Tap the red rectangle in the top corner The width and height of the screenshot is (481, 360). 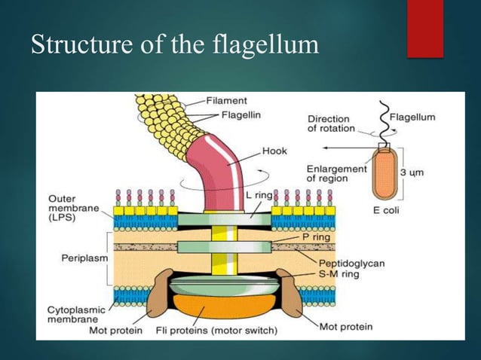[x=425, y=29]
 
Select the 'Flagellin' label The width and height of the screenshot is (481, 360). [x=242, y=114]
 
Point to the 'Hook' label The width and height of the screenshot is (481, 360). [x=274, y=151]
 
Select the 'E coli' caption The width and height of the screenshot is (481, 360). [x=386, y=210]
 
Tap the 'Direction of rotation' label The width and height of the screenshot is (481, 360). [x=330, y=124]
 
